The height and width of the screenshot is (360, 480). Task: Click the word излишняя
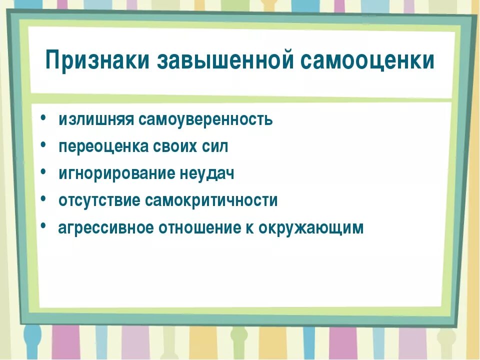[x=95, y=120]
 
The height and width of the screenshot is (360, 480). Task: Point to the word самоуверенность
[x=206, y=120]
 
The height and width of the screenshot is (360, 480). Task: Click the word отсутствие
[x=99, y=201]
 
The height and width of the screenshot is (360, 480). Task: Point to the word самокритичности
[x=211, y=201]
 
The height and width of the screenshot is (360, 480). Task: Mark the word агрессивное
[x=105, y=228]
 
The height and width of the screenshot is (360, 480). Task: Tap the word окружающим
[x=311, y=228]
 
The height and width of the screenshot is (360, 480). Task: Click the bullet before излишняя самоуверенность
[x=44, y=118]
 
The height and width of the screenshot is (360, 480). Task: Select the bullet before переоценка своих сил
[x=44, y=145]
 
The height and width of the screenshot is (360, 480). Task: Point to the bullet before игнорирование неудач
[x=44, y=172]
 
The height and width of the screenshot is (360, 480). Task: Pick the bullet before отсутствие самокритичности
[x=44, y=199]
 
